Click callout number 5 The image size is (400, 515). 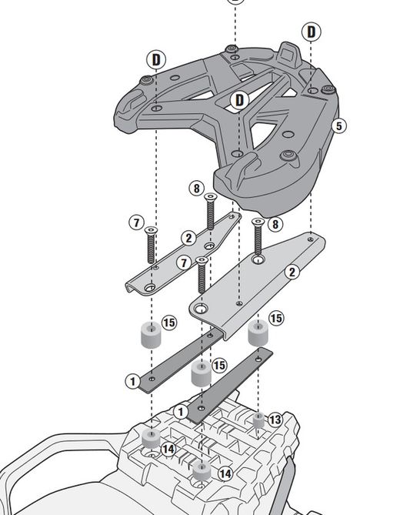(x=339, y=125)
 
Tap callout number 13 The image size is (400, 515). (x=275, y=420)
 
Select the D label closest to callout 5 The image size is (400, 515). (x=312, y=32)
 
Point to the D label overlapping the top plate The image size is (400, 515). (x=240, y=100)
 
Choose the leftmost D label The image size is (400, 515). (x=156, y=59)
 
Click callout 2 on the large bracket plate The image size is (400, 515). (x=291, y=272)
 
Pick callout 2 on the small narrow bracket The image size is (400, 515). (x=188, y=239)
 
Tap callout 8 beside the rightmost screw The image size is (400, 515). (x=275, y=225)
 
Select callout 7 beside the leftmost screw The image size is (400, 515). (x=135, y=223)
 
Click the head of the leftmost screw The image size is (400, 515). (x=151, y=229)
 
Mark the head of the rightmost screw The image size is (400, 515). (x=258, y=223)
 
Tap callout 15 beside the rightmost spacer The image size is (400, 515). (x=275, y=318)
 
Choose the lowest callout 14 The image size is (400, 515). (x=225, y=474)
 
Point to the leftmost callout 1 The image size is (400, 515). (x=132, y=381)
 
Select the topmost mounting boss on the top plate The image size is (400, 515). (x=232, y=51)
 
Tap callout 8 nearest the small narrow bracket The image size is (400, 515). (x=197, y=189)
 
